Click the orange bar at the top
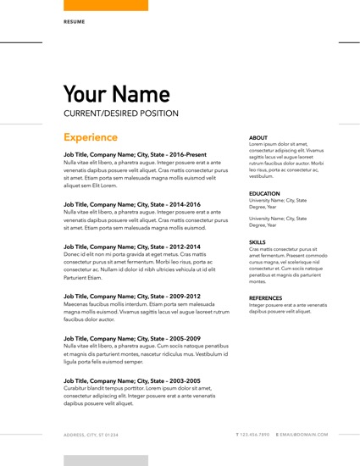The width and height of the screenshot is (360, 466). click(x=106, y=5)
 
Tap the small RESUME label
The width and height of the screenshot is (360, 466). click(x=74, y=21)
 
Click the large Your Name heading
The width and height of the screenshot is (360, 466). click(x=117, y=93)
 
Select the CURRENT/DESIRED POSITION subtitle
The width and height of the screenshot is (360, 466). click(x=121, y=113)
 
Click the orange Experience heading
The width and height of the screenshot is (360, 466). click(x=91, y=137)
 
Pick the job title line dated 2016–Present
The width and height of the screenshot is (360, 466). click(x=135, y=154)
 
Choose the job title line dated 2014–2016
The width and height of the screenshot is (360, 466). click(x=131, y=204)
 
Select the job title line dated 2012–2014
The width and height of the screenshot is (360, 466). click(x=131, y=247)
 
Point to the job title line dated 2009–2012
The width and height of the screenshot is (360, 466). click(x=131, y=296)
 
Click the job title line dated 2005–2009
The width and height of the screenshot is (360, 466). click(x=131, y=338)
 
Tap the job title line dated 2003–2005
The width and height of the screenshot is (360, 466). click(x=131, y=380)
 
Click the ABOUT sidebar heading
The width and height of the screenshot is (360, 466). click(x=258, y=137)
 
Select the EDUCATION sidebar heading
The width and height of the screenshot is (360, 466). click(x=264, y=193)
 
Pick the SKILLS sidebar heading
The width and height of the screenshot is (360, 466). click(x=258, y=241)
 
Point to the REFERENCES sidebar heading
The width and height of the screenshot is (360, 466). click(x=266, y=297)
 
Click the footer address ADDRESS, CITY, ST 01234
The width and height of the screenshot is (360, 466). click(x=91, y=435)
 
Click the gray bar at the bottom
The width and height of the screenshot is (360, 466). click(x=106, y=460)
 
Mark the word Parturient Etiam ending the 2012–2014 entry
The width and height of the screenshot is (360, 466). click(x=82, y=278)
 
